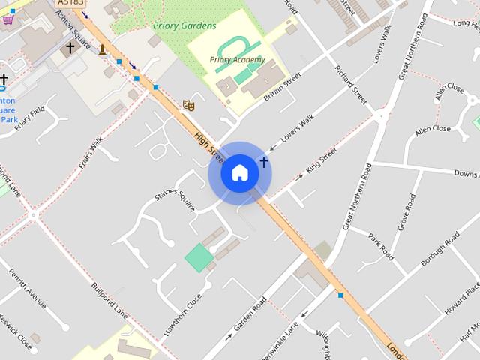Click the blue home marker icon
coord(239,172)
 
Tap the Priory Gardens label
coord(184,25)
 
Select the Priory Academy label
coord(237,59)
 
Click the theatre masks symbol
coord(188,106)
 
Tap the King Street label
coord(322,164)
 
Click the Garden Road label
coord(250,313)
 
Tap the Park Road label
coord(381,246)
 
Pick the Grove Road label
coord(406,212)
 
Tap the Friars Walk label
coord(88,155)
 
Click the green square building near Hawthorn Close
coord(199,258)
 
